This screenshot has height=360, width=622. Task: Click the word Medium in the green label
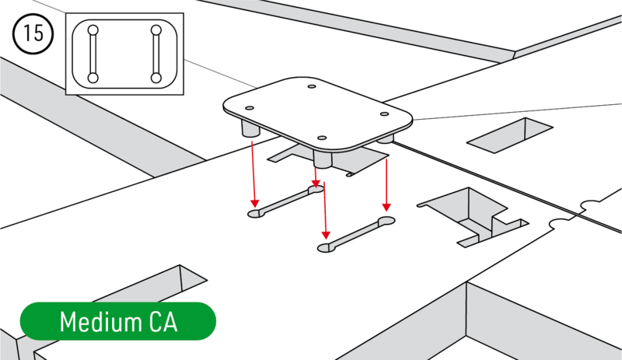97,322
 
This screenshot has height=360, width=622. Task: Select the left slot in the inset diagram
93,54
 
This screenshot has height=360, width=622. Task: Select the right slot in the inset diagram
156,54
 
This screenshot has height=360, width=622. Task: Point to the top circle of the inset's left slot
93,30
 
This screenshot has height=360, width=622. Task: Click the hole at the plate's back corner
311,87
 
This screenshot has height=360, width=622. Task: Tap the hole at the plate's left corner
250,108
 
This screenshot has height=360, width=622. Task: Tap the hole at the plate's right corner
384,114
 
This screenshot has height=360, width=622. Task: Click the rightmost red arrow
386,179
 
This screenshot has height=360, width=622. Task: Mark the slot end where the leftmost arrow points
254,212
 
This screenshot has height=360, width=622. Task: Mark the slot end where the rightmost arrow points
386,223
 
